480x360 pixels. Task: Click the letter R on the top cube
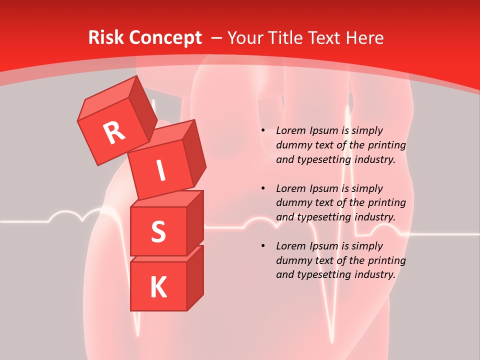click(114, 132)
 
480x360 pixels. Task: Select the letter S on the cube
click(158, 231)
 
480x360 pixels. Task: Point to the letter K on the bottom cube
click(158, 287)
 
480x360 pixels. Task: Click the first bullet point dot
click(263, 130)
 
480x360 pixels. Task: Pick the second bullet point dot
click(263, 188)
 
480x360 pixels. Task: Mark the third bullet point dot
click(263, 246)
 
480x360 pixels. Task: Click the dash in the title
click(217, 37)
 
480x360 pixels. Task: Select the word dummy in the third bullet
click(293, 260)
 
